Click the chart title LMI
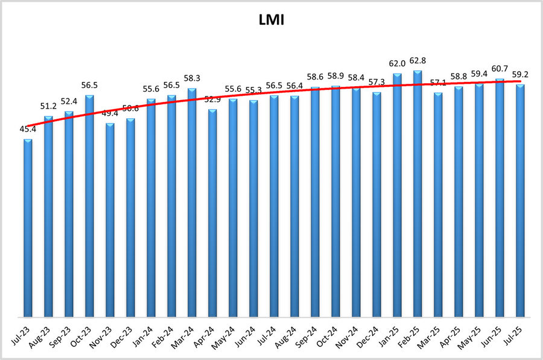[x=271, y=22]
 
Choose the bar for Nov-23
[x=110, y=220]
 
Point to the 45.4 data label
[x=28, y=128]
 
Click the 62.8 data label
[x=418, y=60]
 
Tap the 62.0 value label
[x=397, y=63]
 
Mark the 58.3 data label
[x=192, y=78]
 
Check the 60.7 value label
[x=500, y=68]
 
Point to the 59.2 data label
[x=520, y=75]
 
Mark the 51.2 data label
[x=48, y=106]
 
